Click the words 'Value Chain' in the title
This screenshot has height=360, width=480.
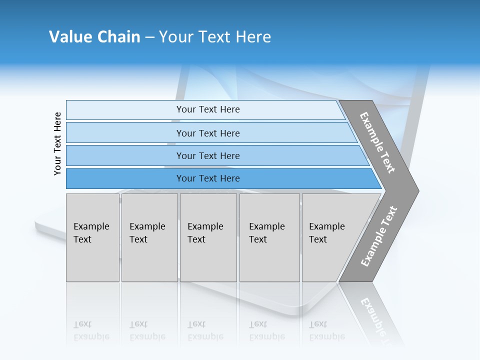coord(94,37)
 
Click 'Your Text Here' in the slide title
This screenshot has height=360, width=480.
coord(215,37)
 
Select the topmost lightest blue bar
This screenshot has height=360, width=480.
coord(125,109)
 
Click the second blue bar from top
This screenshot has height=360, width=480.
coord(125,133)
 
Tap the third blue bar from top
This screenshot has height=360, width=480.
coord(125,155)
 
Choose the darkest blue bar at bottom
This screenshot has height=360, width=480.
coord(125,178)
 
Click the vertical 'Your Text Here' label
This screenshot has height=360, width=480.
coord(57,143)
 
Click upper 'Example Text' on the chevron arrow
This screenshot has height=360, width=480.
coord(377,142)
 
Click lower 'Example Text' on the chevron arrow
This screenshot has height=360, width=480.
coord(378,236)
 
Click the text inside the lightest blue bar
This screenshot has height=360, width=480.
coord(208,109)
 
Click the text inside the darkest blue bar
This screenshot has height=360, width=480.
coord(208,178)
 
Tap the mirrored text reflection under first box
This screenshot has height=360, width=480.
coord(91,330)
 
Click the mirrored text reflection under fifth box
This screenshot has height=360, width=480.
coord(326,330)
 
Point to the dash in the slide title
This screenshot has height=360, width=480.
coord(149,37)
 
